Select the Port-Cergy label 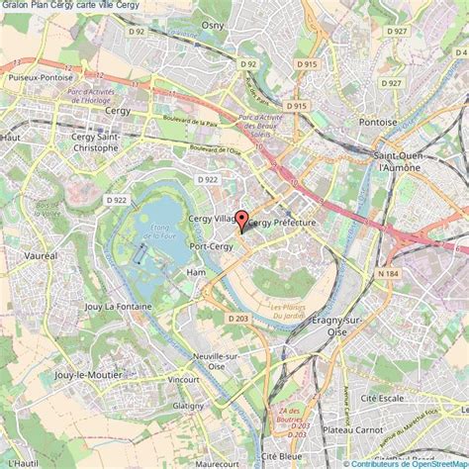tap(211, 246)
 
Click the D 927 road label tap(397, 32)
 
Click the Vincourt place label tap(183, 379)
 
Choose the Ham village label tap(197, 271)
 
